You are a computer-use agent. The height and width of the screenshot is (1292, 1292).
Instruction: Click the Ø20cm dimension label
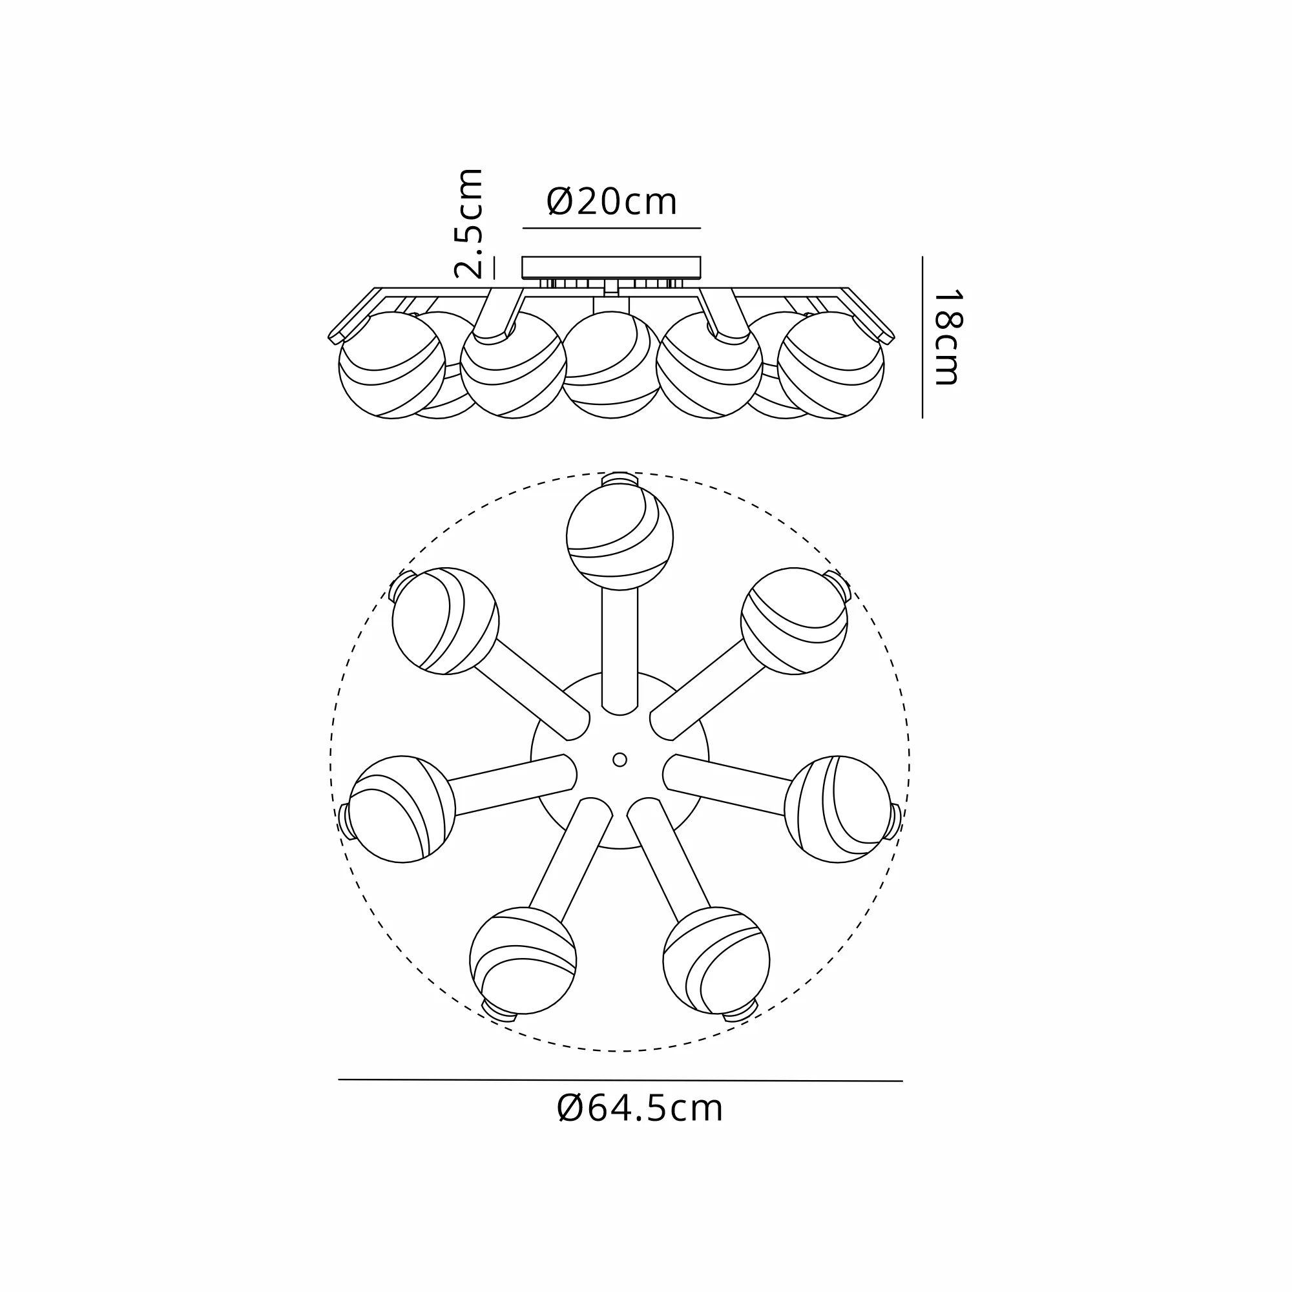coord(612,202)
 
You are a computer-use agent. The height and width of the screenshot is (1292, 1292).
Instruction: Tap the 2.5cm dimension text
coord(468,224)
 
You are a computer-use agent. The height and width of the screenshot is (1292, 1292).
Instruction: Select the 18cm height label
coord(947,337)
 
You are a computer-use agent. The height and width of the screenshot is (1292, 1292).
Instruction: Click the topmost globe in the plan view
coord(620,537)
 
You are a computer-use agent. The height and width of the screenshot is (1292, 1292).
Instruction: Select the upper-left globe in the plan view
coord(445,621)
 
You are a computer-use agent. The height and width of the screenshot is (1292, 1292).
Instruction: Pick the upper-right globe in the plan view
coord(794,621)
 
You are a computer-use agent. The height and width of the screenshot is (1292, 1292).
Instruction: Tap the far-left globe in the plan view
coord(402,809)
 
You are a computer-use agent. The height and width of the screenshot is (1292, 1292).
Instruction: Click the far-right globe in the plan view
coord(837,809)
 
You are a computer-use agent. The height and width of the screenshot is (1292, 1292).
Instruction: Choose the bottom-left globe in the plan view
coord(523,961)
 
